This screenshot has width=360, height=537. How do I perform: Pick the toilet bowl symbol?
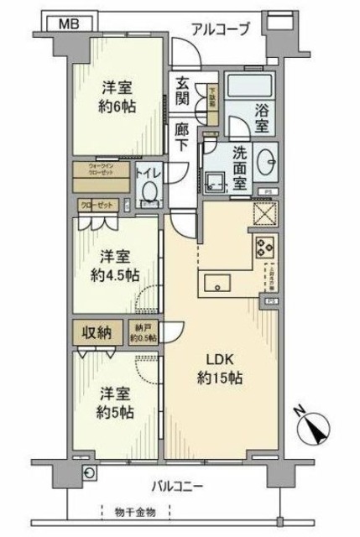(150, 190)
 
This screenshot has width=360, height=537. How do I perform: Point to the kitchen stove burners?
(263, 248)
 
